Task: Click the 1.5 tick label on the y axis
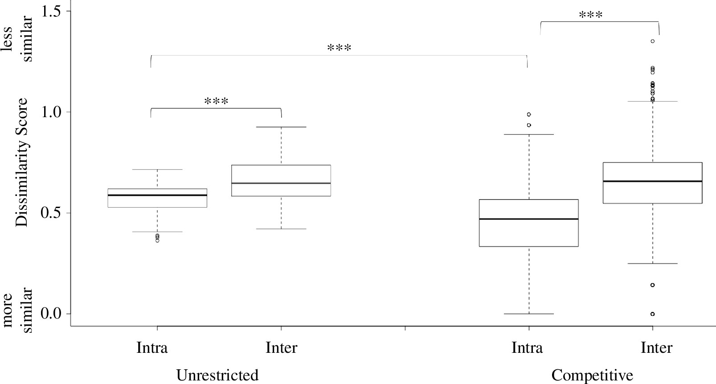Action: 50,11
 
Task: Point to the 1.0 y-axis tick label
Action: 50,112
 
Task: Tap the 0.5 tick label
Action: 50,213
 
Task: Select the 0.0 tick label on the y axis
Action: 50,314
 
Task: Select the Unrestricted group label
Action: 217,375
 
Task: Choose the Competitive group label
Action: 592,375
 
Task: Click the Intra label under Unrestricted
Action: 152,347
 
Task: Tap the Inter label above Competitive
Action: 656,347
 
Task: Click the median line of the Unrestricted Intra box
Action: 157,195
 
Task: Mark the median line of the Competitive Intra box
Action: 529,219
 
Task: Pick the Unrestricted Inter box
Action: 281,180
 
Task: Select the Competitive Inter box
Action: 653,183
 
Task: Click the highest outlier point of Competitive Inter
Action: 653,41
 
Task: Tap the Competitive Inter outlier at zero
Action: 653,314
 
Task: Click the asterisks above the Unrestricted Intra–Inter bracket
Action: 216,101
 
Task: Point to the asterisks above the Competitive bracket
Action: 591,15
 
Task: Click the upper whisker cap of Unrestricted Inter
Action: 281,127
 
